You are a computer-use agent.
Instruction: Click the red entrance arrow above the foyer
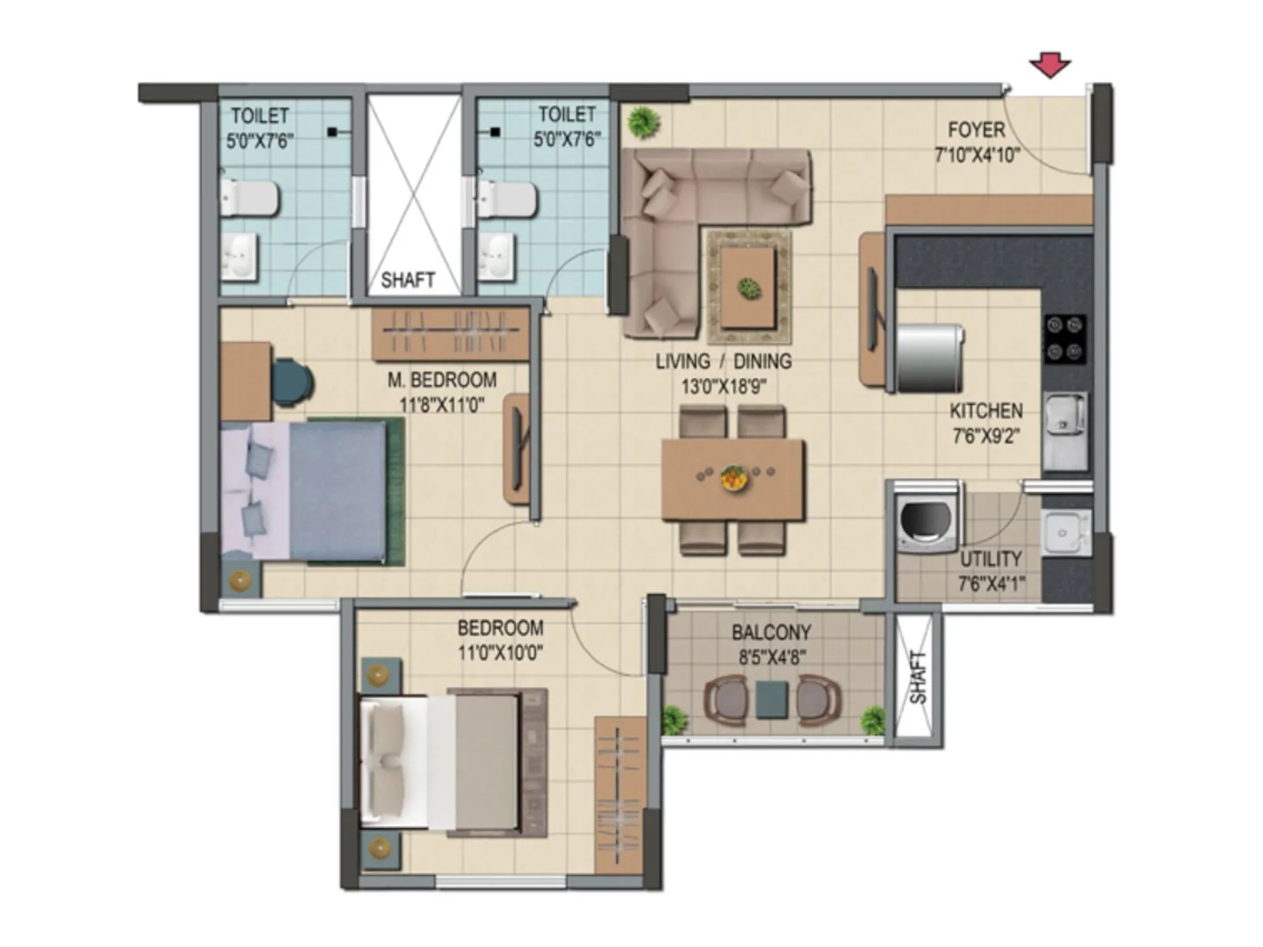[1050, 66]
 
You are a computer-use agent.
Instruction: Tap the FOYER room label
[976, 129]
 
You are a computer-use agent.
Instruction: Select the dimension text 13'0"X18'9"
[724, 387]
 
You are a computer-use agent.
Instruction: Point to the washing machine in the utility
[927, 522]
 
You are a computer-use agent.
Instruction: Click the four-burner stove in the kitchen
[1065, 339]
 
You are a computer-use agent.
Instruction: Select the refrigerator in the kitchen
[930, 358]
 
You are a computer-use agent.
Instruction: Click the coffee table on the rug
[748, 287]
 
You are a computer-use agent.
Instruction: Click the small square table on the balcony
[771, 699]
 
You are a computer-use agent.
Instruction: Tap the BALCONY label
[771, 632]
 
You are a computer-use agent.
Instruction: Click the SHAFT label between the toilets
[408, 279]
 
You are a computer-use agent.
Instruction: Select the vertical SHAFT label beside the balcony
[918, 677]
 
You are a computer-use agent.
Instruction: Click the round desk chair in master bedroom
[292, 381]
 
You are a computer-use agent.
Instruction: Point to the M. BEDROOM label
[442, 380]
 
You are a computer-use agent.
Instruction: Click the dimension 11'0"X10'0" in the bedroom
[500, 653]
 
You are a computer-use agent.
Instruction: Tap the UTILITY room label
[991, 559]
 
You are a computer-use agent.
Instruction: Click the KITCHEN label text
[986, 410]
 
